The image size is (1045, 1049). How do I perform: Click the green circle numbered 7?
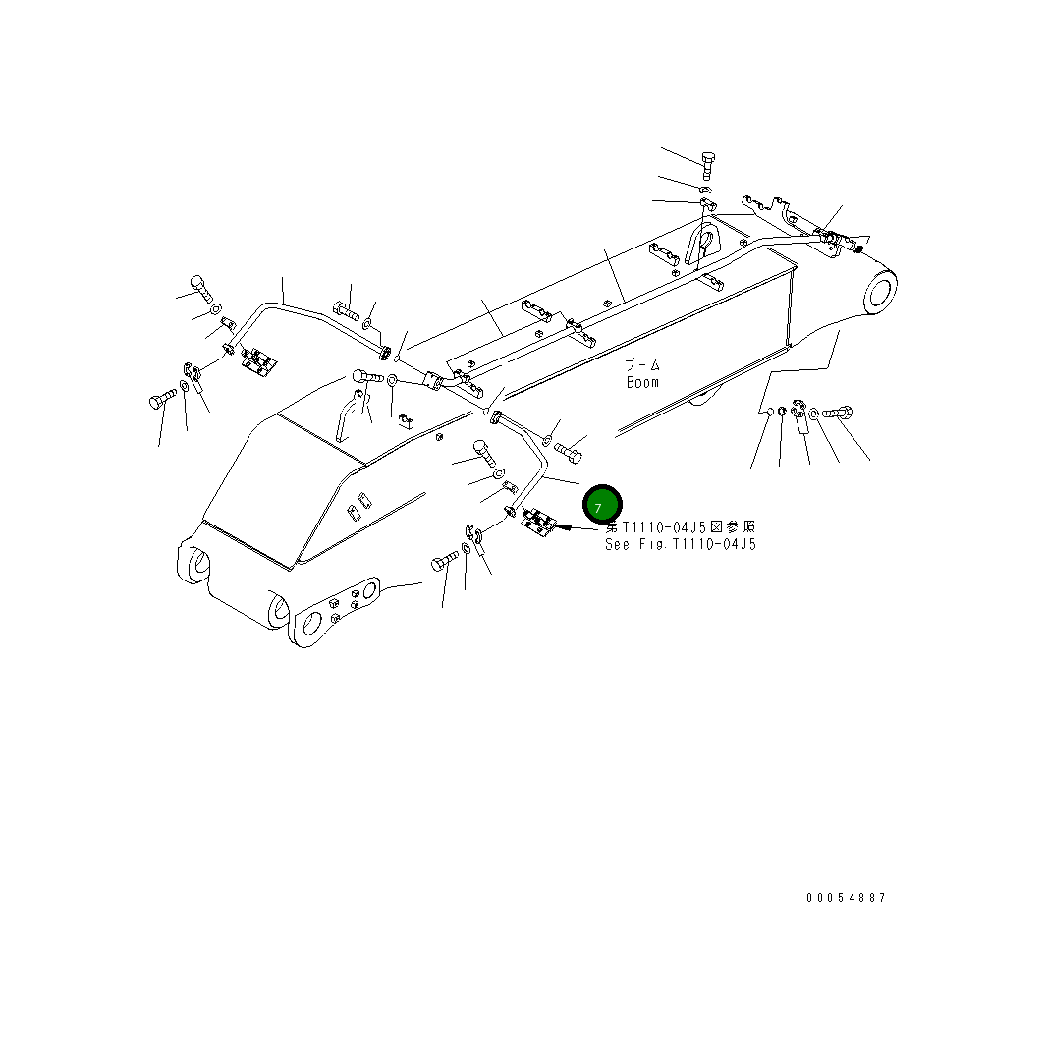(x=601, y=504)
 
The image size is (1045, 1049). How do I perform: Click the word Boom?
(x=642, y=382)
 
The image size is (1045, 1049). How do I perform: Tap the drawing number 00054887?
(x=846, y=897)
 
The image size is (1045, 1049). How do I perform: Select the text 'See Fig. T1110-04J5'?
(x=681, y=543)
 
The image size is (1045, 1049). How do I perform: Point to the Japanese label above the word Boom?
(x=642, y=364)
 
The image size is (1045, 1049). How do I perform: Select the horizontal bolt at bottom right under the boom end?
(x=837, y=414)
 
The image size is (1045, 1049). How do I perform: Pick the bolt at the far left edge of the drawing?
(x=162, y=399)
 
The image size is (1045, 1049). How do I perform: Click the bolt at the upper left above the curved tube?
(x=198, y=287)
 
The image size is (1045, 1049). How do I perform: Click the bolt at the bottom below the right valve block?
(x=443, y=563)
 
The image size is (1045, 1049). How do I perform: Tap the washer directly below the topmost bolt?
(x=706, y=187)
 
